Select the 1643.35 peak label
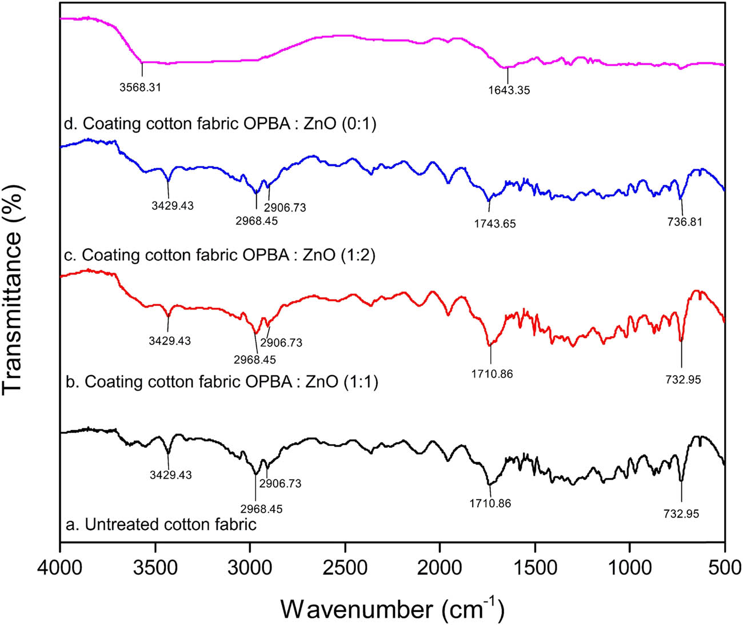(x=509, y=90)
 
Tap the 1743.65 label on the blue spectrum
(x=494, y=224)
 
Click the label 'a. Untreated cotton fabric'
(x=161, y=524)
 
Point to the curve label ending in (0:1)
(x=221, y=124)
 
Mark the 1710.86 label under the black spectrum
(x=490, y=504)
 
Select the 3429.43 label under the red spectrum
(x=170, y=341)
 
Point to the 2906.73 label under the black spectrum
(x=280, y=484)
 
